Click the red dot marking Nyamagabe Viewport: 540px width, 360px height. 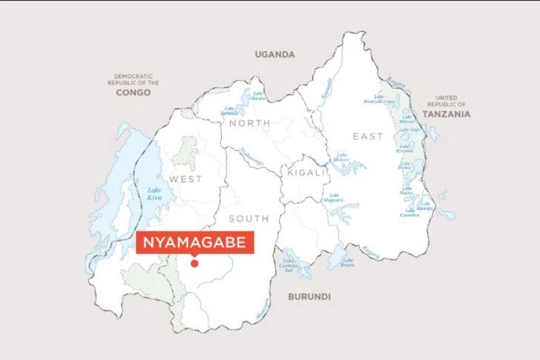(x=194, y=263)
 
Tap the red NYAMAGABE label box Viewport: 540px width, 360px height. (x=194, y=243)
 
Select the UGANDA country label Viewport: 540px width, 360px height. (x=274, y=55)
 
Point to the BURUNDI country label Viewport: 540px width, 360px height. (x=309, y=297)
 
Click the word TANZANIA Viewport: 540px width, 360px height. (x=446, y=114)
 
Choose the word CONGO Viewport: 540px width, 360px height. (x=133, y=92)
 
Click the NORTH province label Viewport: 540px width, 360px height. (x=250, y=124)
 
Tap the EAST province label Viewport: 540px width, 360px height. (x=368, y=136)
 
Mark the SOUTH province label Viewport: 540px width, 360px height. (x=248, y=218)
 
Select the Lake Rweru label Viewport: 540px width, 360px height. (x=348, y=262)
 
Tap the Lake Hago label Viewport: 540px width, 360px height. (x=412, y=129)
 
